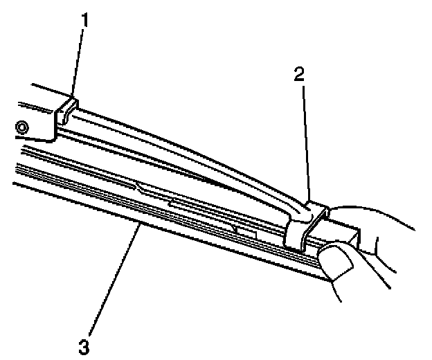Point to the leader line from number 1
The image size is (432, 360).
point(78,62)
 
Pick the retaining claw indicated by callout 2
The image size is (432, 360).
point(305,222)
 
